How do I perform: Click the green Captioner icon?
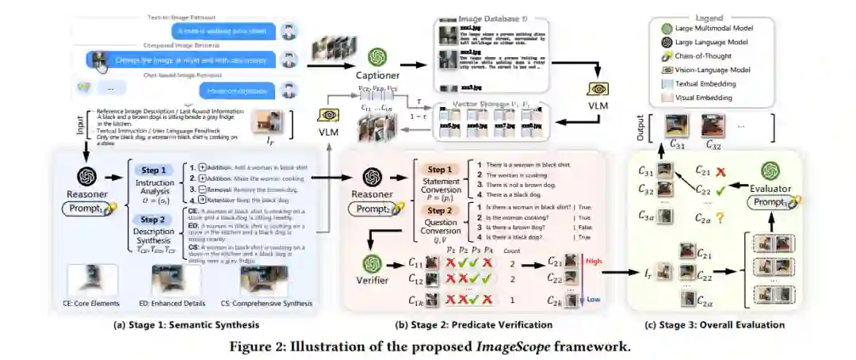click(x=376, y=56)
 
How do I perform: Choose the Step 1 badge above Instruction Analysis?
click(x=153, y=169)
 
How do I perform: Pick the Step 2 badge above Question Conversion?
click(x=441, y=211)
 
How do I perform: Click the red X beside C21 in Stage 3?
click(x=721, y=170)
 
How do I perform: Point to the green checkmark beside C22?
click(x=721, y=191)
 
